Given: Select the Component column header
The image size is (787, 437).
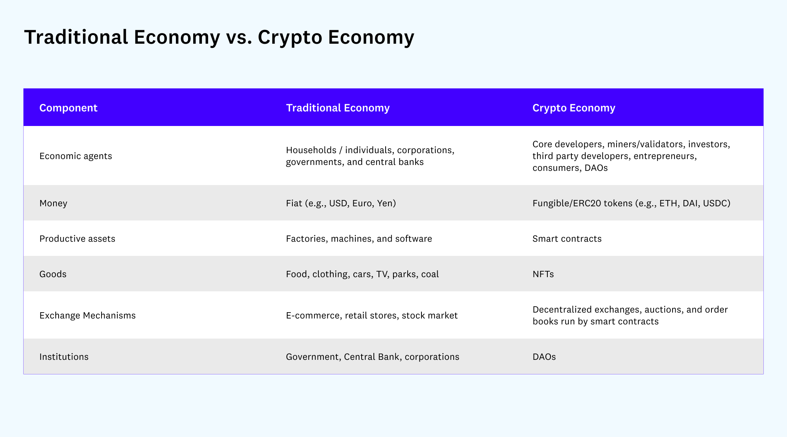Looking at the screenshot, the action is coord(68,108).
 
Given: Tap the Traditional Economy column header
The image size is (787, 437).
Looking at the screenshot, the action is coord(338,108).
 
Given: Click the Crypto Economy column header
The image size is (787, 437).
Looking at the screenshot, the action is coord(574,108).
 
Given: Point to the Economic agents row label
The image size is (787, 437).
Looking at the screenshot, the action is coord(76,156).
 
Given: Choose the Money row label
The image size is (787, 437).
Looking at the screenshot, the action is coord(53,203).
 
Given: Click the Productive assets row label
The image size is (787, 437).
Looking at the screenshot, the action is coord(77,239).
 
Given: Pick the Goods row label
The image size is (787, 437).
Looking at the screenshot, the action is coord(53,274).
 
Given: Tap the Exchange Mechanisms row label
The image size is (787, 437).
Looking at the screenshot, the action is coord(87,315).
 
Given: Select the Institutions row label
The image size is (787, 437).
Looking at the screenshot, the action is coord(64,357).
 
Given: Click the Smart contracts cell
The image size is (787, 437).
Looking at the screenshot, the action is coord(567,239).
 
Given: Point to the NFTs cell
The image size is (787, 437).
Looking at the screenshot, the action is coord(543,274).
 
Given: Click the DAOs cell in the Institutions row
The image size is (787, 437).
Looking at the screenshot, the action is coord(544,357).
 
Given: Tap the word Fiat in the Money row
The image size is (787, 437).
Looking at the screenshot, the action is coord(294,203).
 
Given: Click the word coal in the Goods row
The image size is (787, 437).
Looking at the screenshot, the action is coord(430,274).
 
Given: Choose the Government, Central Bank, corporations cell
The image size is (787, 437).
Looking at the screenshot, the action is coord(373,357).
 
